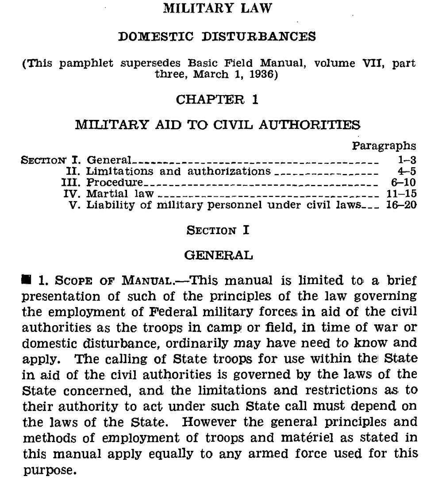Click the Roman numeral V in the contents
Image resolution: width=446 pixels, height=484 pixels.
[73, 205]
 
